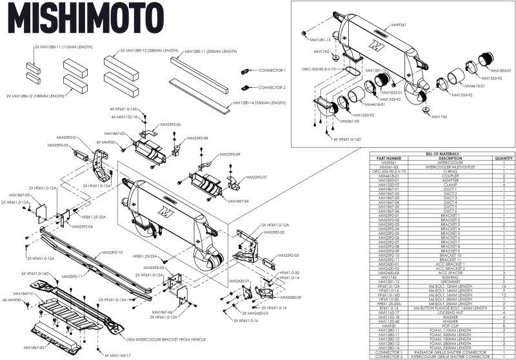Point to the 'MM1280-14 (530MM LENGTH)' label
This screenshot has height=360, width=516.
pos(259,103)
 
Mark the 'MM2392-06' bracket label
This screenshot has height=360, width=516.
pos(170,124)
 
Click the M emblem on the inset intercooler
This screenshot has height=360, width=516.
pos(375,46)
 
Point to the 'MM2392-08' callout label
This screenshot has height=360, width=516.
pos(197,138)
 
